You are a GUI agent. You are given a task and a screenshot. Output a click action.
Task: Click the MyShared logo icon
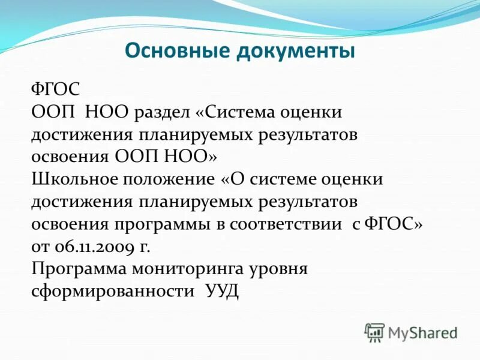coord(374,332)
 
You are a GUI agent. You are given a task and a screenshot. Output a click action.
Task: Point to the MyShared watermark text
coord(422,332)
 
